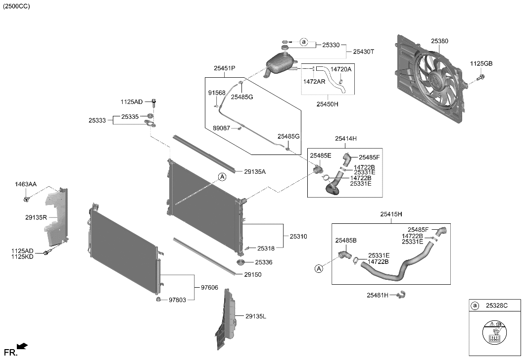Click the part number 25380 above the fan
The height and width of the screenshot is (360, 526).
point(439,41)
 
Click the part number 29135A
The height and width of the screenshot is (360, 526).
point(255,172)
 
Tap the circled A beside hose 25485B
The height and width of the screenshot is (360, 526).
point(319,269)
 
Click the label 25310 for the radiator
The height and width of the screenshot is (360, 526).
point(298,237)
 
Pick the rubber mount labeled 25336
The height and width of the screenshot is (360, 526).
point(240,262)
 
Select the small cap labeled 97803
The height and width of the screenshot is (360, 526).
point(159,299)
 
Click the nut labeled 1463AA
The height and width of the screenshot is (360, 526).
point(26,199)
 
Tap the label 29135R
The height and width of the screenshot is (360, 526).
point(36,217)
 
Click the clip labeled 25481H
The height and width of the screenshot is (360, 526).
point(402,295)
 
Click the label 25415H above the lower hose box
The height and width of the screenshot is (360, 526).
point(391,214)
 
